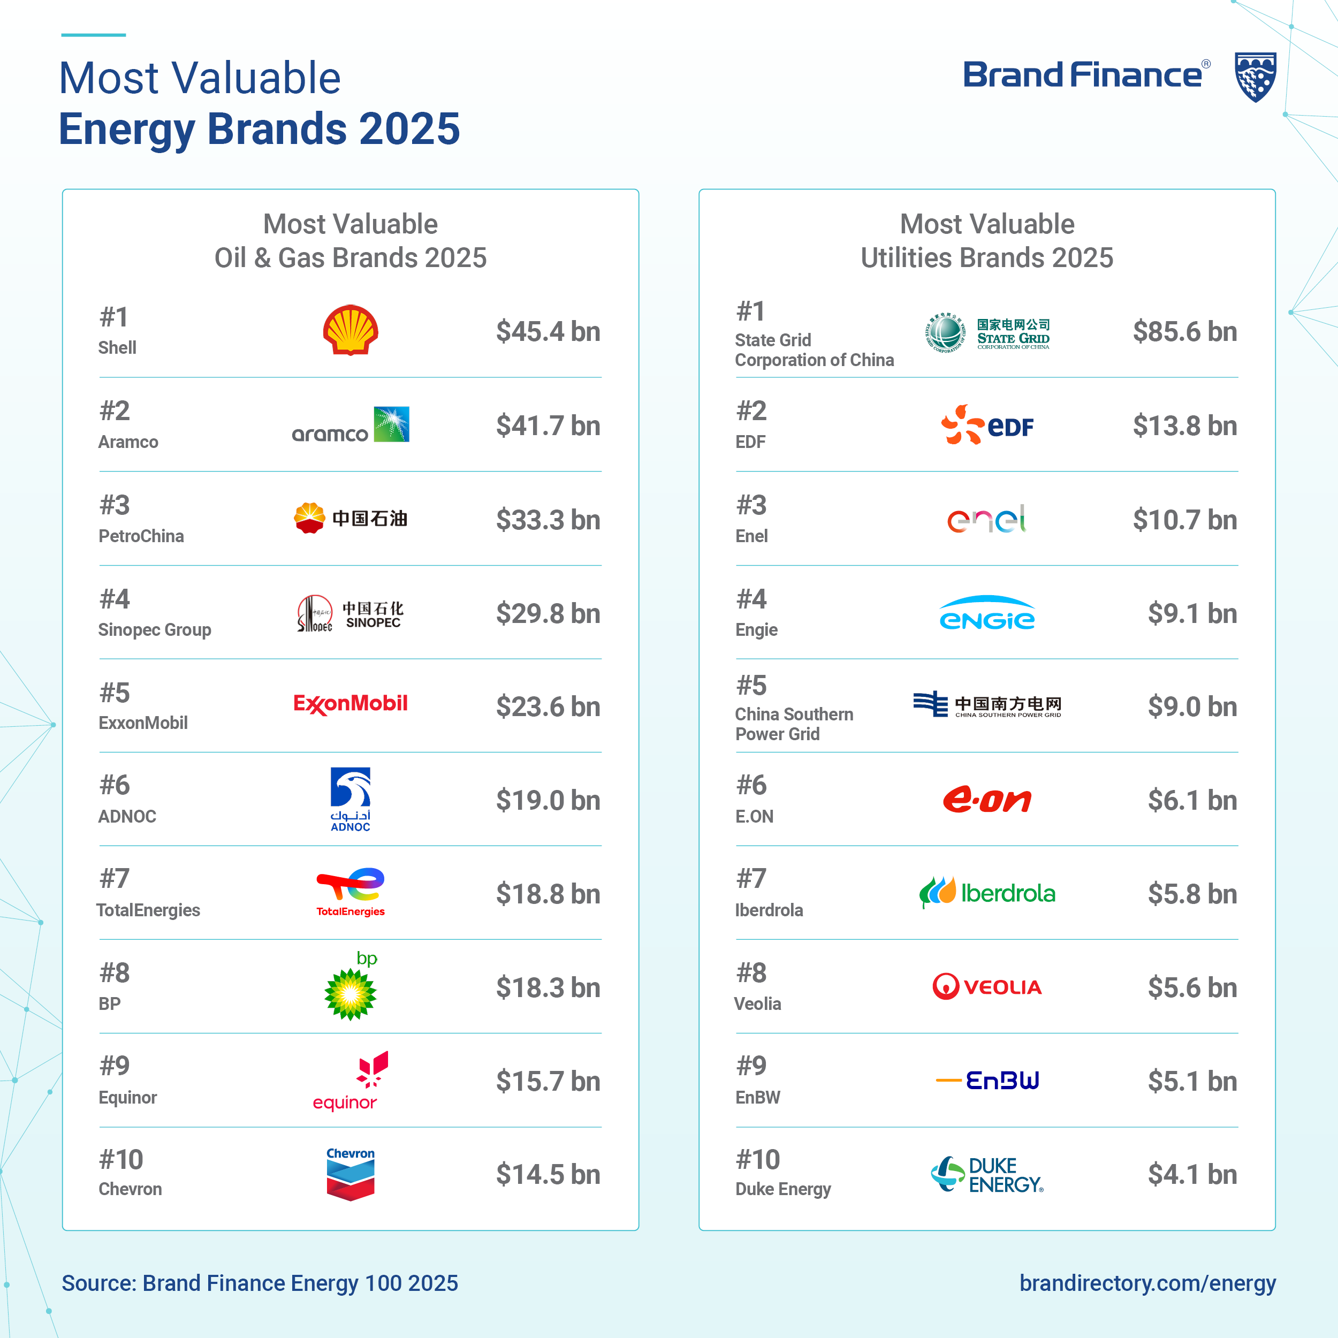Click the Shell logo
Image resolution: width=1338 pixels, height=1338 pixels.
(351, 330)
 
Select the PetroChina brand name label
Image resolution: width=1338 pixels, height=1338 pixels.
(141, 536)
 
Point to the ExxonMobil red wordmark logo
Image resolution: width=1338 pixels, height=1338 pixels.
(351, 704)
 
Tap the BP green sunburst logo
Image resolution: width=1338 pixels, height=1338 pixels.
(351, 993)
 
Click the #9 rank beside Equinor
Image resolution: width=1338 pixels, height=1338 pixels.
(115, 1066)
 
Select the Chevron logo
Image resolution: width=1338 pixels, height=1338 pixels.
(351, 1174)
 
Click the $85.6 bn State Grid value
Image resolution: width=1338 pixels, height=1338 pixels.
(1184, 331)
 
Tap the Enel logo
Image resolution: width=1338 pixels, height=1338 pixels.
(987, 519)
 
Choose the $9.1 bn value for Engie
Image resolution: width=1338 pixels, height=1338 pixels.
(1192, 613)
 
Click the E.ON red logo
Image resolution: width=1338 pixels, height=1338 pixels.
(987, 800)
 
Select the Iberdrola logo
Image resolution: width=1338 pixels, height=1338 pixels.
(987, 893)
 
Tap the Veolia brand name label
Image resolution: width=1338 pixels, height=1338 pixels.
(758, 1003)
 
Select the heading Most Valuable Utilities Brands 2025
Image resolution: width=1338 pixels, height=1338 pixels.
(987, 241)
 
